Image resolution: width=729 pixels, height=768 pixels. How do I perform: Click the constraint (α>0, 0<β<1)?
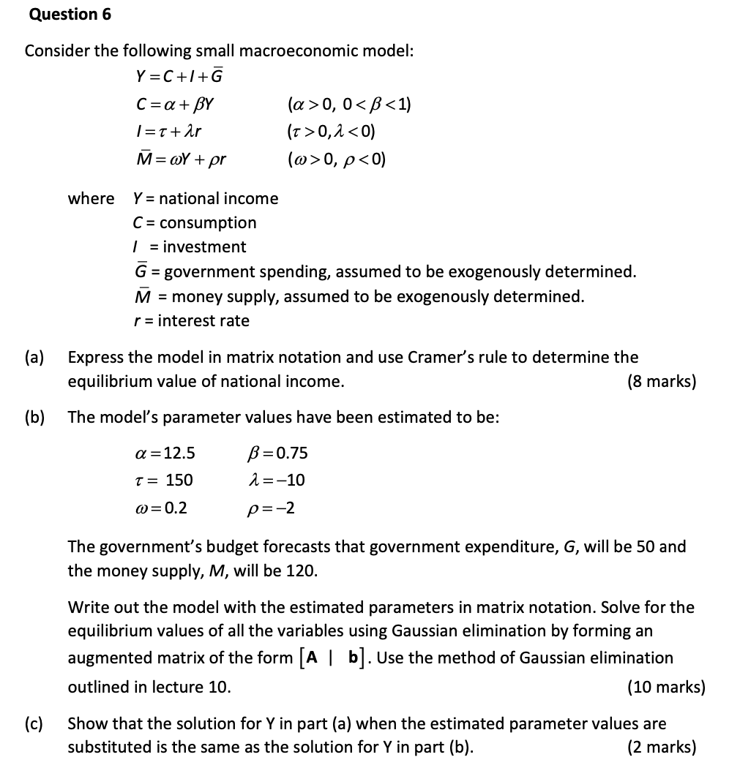pyautogui.click(x=350, y=104)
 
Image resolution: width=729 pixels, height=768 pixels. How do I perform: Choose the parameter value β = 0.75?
pyautogui.click(x=279, y=453)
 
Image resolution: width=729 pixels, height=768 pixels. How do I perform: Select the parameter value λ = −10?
pyautogui.click(x=277, y=481)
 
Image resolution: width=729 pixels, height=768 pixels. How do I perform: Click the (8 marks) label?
pyautogui.click(x=662, y=382)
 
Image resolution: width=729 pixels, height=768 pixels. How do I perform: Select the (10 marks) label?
pyautogui.click(x=666, y=688)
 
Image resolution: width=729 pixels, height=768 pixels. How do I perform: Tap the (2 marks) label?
pyautogui.click(x=662, y=748)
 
